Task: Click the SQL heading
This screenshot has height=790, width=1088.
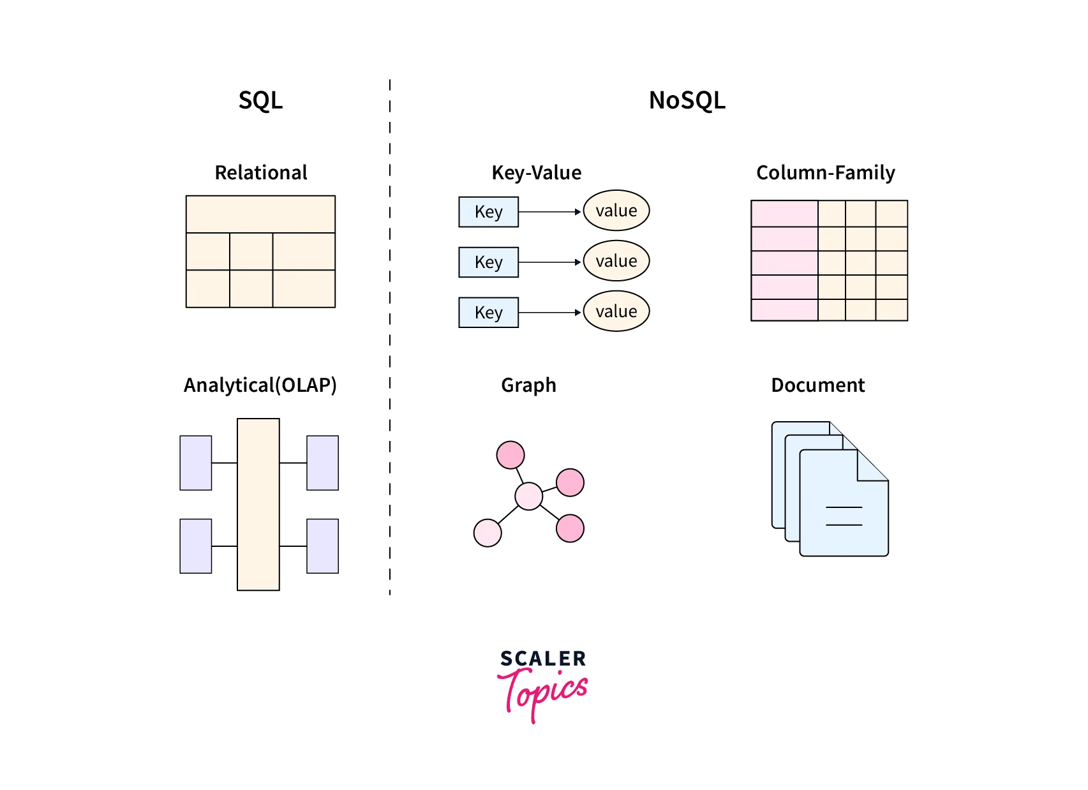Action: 260,100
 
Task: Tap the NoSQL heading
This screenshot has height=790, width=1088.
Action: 687,100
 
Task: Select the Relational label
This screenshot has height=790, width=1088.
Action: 260,172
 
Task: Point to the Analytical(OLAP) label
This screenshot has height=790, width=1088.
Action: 260,385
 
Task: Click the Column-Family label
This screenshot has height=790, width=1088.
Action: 825,172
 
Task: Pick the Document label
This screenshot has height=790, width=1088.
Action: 817,385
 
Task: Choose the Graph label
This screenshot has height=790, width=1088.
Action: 528,385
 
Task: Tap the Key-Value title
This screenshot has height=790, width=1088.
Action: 536,172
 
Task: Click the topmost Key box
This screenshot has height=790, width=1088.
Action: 488,212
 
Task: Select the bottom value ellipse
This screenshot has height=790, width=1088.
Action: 616,311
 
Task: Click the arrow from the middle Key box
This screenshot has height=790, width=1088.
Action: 549,262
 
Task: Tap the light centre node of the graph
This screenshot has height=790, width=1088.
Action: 528,496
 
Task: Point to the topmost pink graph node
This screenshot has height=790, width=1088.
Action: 510,455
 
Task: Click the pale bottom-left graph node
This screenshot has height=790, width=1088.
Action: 488,532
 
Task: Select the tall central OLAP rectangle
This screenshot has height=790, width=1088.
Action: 258,504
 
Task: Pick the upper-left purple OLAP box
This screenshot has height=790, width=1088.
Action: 195,463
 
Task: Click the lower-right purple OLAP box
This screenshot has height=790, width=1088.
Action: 322,546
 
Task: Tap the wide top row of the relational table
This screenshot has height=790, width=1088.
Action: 260,214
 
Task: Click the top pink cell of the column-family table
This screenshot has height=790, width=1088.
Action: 784,214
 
